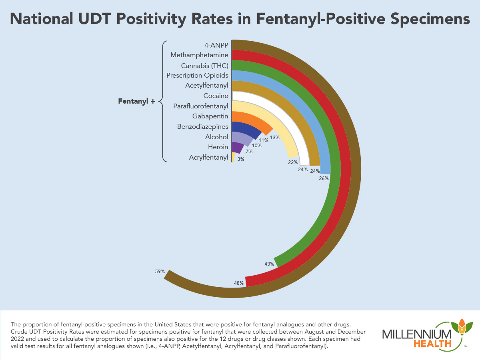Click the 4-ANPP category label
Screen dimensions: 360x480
[x=216, y=44]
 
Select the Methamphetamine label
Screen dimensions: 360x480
[x=199, y=55]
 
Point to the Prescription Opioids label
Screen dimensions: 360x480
[x=197, y=75]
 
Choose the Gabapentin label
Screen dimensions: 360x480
[x=210, y=116]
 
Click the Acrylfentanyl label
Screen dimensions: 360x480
[x=208, y=158]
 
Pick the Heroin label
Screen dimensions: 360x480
[x=218, y=147]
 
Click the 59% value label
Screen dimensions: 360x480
[x=160, y=272]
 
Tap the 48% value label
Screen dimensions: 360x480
[x=239, y=283]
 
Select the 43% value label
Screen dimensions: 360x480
[x=269, y=264]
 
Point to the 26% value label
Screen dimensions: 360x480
[x=324, y=178]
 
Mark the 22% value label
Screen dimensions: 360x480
[x=293, y=162]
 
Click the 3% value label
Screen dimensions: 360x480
[x=241, y=159]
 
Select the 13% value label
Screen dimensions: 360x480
[x=275, y=137]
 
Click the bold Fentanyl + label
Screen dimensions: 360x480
[x=136, y=102]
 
